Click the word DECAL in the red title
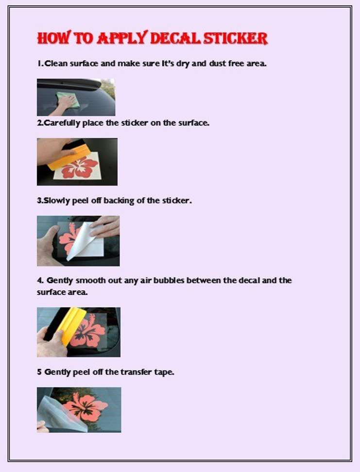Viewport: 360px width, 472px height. click(x=175, y=38)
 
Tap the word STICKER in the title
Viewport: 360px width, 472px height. click(x=236, y=38)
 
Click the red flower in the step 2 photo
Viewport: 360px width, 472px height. click(x=80, y=167)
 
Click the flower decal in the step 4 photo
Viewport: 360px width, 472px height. click(x=88, y=331)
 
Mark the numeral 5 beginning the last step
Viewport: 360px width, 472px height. click(x=39, y=372)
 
